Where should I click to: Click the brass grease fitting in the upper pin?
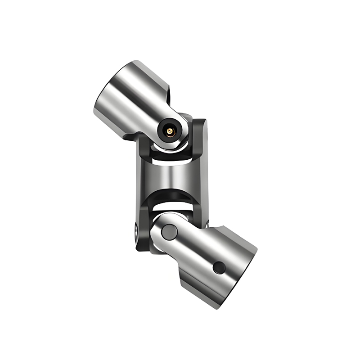pos(170,131)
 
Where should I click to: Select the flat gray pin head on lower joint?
pos(169,231)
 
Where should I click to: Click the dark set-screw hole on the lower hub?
pos(219,267)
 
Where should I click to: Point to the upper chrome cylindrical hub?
pos(130,97)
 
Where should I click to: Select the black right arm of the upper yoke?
pos(198,139)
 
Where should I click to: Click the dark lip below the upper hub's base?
pos(130,135)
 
